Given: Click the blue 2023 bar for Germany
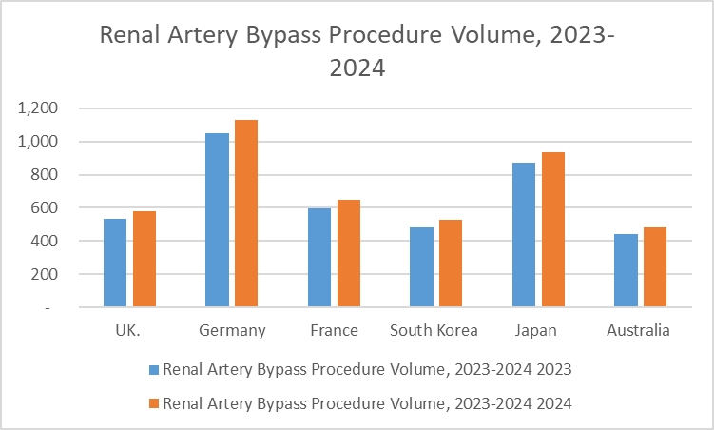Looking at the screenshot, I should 218,220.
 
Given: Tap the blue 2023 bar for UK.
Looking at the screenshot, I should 115,263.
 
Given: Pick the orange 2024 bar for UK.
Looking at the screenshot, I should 144,259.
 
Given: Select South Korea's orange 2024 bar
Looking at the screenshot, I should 451,264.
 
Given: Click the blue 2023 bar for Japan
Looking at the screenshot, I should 524,235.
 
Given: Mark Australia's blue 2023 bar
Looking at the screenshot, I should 626,270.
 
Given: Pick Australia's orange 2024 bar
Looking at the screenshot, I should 655,266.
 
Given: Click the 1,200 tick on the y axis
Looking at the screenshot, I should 38,108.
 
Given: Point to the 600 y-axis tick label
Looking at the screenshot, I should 45,208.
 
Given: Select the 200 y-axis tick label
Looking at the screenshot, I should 45,275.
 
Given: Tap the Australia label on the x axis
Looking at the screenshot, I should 640,331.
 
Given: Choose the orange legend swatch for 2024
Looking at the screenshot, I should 154,403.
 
